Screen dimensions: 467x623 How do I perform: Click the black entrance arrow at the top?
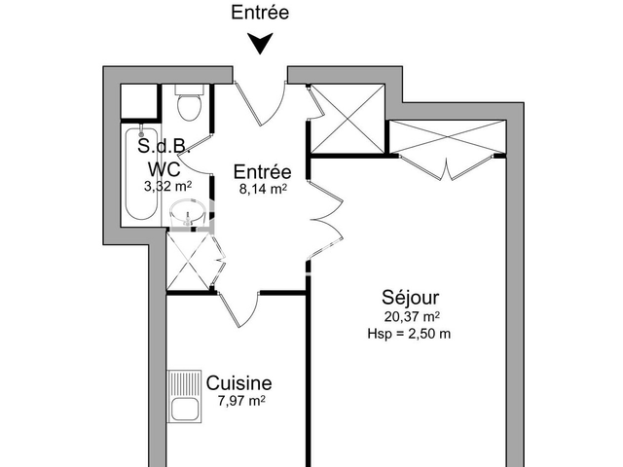click(259, 45)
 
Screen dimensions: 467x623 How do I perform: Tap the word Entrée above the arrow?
click(259, 13)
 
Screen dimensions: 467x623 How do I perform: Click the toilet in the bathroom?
click(188, 102)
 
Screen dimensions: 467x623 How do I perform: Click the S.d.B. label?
click(163, 148)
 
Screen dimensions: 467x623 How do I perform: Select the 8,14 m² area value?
click(263, 191)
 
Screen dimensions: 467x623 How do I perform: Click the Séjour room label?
click(410, 298)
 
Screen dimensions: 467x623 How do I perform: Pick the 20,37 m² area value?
click(410, 316)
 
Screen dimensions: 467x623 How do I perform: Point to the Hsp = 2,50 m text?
click(410, 334)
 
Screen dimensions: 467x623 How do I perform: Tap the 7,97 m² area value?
click(239, 401)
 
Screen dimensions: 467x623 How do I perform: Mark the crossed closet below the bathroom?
click(191, 261)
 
